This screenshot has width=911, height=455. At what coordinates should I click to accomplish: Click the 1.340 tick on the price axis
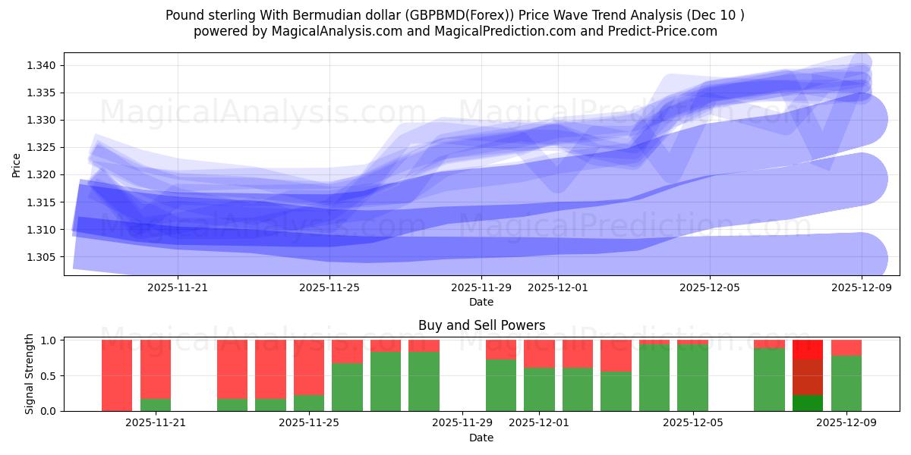[x=43, y=66]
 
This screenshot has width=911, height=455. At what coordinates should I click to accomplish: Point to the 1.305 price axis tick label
[x=43, y=257]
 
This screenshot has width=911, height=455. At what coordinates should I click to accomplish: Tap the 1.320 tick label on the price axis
[x=43, y=175]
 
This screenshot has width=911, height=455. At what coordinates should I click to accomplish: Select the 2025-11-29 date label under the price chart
[x=481, y=288]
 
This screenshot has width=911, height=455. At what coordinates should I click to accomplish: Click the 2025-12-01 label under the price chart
[x=558, y=288]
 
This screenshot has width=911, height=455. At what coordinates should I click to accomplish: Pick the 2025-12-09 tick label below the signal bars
[x=846, y=423]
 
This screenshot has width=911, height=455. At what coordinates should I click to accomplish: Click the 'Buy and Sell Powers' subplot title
[x=481, y=325]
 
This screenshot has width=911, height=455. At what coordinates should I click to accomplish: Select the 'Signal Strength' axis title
[x=30, y=374]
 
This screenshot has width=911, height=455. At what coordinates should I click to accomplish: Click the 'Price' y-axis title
[x=17, y=165]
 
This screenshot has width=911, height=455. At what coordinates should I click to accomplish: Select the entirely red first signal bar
[x=117, y=375]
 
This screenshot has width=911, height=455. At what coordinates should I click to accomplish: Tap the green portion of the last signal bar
[x=846, y=383]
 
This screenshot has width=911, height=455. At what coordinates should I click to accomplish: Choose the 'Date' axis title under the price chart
[x=481, y=302]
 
